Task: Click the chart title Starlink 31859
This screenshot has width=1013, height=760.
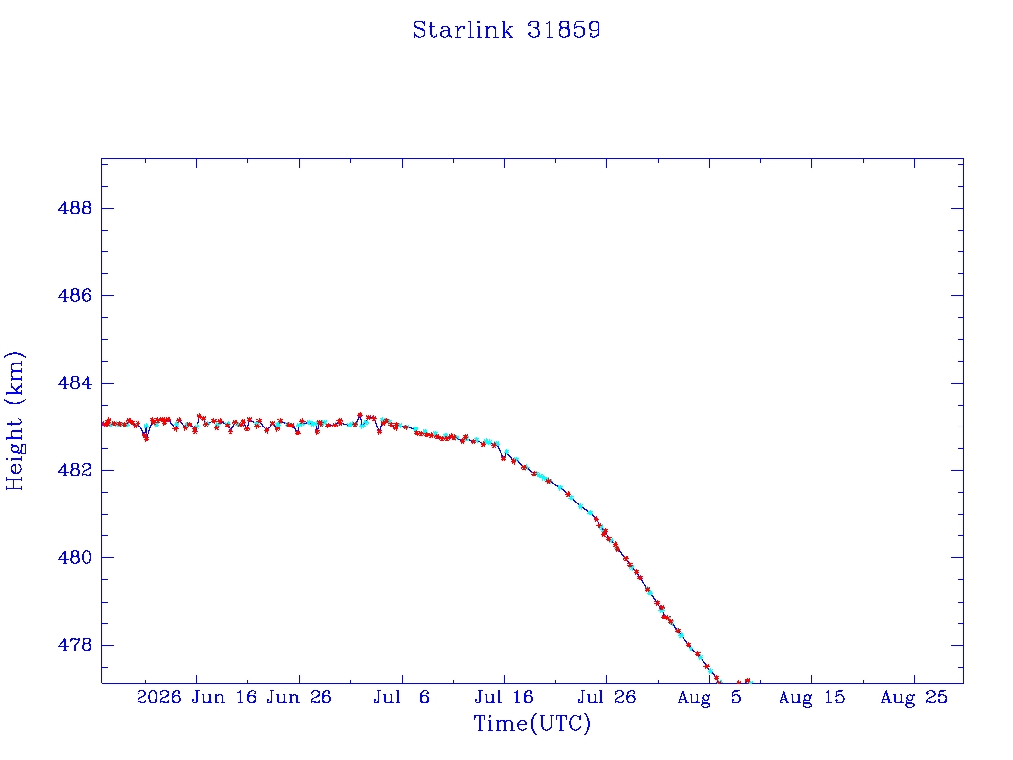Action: pyautogui.click(x=507, y=30)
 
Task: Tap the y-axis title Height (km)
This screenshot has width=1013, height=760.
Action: pyautogui.click(x=15, y=421)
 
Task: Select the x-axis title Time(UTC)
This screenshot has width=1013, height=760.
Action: pyautogui.click(x=531, y=723)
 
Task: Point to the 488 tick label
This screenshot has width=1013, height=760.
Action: pyautogui.click(x=75, y=208)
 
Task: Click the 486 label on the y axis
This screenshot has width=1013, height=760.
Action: pyautogui.click(x=75, y=295)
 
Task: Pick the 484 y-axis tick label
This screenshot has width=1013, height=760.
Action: pyautogui.click(x=75, y=383)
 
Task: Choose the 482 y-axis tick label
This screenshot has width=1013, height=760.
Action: pyautogui.click(x=75, y=470)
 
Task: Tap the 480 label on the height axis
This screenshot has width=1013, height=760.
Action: pyautogui.click(x=75, y=557)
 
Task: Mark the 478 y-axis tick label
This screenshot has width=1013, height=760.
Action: pyautogui.click(x=75, y=645)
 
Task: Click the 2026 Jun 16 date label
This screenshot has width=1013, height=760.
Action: pyautogui.click(x=197, y=697)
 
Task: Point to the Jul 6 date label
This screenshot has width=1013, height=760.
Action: pyautogui.click(x=402, y=697)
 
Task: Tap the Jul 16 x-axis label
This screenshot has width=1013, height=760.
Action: pyautogui.click(x=504, y=697)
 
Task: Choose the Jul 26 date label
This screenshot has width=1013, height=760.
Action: pyautogui.click(x=606, y=697)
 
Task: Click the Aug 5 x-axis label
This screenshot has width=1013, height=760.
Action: pyautogui.click(x=709, y=698)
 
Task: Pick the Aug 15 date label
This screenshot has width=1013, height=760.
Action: pyautogui.click(x=811, y=698)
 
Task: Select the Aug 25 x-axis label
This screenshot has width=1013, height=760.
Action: pyautogui.click(x=914, y=698)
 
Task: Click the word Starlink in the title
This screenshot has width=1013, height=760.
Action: pyautogui.click(x=463, y=30)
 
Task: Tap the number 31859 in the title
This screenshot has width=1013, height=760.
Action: pyautogui.click(x=564, y=30)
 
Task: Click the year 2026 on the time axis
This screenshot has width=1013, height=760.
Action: pyautogui.click(x=159, y=697)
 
